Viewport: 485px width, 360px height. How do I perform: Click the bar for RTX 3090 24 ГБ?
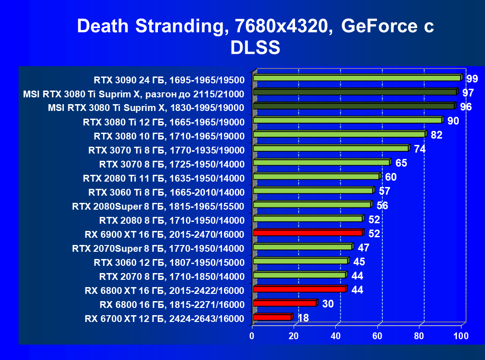pyautogui.click(x=357, y=78)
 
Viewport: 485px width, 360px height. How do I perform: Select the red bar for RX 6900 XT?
pyautogui.click(x=308, y=233)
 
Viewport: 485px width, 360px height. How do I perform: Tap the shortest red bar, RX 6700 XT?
pyautogui.click(x=272, y=317)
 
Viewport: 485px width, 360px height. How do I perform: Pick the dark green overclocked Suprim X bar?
pyautogui.click(x=355, y=92)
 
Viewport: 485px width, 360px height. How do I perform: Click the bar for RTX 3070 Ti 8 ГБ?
pyautogui.click(x=331, y=148)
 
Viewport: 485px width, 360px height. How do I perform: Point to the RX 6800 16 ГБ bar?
pyautogui.click(x=285, y=303)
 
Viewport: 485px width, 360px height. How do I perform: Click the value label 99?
pyautogui.click(x=472, y=79)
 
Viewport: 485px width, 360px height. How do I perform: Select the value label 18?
pyautogui.click(x=303, y=318)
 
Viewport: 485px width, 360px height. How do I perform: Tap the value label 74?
pyautogui.click(x=420, y=149)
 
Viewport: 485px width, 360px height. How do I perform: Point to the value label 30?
pyautogui.click(x=328, y=304)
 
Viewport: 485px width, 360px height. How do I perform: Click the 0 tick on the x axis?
pyautogui.click(x=252, y=336)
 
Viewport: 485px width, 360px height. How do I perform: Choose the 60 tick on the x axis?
pyautogui.click(x=377, y=336)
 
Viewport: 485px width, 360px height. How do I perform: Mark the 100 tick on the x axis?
pyautogui.click(x=461, y=336)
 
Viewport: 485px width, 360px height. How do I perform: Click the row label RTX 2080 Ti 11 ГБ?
pyautogui.click(x=164, y=178)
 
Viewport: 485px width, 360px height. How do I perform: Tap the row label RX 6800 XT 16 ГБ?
pyautogui.click(x=164, y=290)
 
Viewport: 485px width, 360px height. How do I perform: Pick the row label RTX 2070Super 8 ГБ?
pyautogui.click(x=158, y=248)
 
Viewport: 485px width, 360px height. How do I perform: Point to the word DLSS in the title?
pyautogui.click(x=255, y=47)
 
